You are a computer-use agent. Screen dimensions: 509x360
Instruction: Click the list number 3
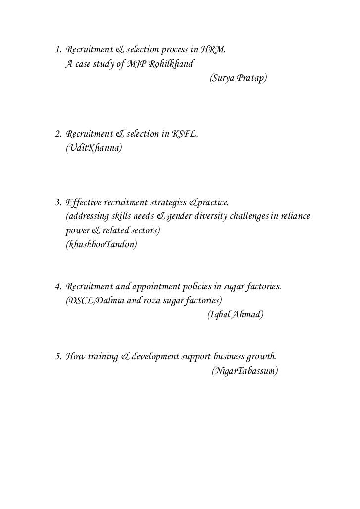click(x=57, y=203)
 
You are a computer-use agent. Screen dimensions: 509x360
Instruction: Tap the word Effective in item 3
click(x=84, y=203)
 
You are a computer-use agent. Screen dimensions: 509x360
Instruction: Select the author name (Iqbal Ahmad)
click(x=235, y=315)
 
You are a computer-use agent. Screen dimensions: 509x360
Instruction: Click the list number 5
click(x=57, y=356)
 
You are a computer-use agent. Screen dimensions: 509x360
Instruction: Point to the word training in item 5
click(x=102, y=356)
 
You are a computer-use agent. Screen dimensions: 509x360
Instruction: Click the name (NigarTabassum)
click(x=245, y=370)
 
